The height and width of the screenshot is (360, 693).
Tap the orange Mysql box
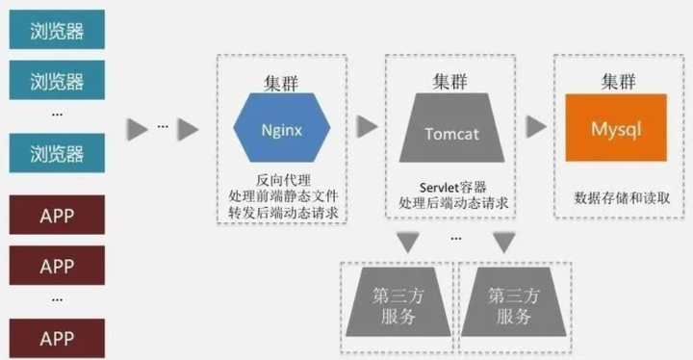(x=616, y=128)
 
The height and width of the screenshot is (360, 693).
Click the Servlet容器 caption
(x=451, y=187)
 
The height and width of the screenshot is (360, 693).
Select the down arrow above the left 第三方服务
(x=408, y=244)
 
